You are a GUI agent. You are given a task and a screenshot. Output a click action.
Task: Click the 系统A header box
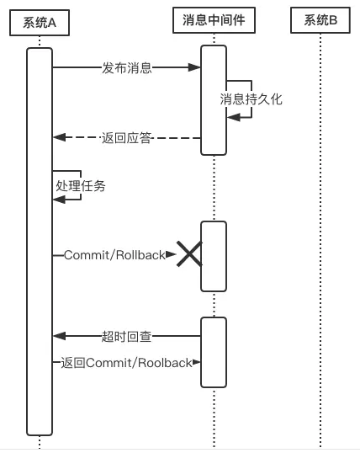(x=40, y=23)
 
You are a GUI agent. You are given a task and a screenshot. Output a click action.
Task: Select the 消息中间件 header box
(x=214, y=20)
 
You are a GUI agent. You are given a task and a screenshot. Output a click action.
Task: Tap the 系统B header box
(x=320, y=20)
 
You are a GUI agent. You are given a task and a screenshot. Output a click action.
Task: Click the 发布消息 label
(x=127, y=68)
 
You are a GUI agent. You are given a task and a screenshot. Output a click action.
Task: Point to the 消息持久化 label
(x=251, y=99)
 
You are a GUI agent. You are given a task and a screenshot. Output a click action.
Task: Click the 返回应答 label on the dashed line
(x=126, y=138)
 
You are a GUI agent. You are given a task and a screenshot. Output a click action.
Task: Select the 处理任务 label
(x=81, y=185)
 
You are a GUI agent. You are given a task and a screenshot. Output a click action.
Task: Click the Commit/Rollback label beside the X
(x=114, y=255)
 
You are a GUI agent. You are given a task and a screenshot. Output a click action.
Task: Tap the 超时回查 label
(x=126, y=336)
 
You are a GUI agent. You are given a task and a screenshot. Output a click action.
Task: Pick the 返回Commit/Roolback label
(x=126, y=363)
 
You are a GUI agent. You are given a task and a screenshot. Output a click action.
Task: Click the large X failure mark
(x=189, y=253)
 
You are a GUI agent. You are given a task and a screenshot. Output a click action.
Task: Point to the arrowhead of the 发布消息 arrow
(x=194, y=67)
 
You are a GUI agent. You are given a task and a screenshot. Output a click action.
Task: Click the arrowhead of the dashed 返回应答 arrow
(x=60, y=137)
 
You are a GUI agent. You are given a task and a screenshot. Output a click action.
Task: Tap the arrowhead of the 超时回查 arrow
(x=60, y=336)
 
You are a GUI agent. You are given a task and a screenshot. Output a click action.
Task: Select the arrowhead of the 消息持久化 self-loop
(x=234, y=117)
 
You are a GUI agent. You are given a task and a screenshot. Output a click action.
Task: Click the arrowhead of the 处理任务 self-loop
(x=60, y=200)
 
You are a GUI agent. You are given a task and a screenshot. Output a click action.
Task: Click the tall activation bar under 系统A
(x=40, y=242)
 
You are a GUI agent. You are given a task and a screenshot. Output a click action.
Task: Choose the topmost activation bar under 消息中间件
(x=214, y=100)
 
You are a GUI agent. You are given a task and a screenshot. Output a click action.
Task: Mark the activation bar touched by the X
(x=214, y=256)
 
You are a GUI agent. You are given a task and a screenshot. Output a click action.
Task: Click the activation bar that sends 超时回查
(x=214, y=352)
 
